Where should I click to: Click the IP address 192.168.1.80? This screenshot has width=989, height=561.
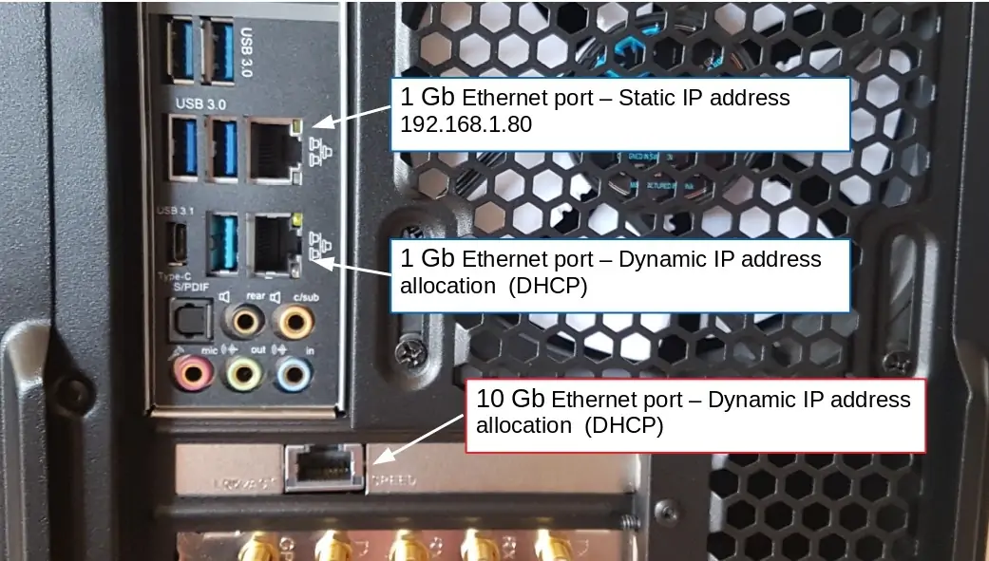tap(466, 124)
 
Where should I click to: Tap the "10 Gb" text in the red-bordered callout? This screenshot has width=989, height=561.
tap(509, 400)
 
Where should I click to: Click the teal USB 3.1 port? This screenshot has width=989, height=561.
tap(221, 242)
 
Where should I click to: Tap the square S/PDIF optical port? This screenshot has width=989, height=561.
tap(188, 320)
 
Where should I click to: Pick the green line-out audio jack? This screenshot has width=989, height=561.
tap(243, 374)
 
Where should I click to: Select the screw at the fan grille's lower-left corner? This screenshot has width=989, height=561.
tap(405, 355)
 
